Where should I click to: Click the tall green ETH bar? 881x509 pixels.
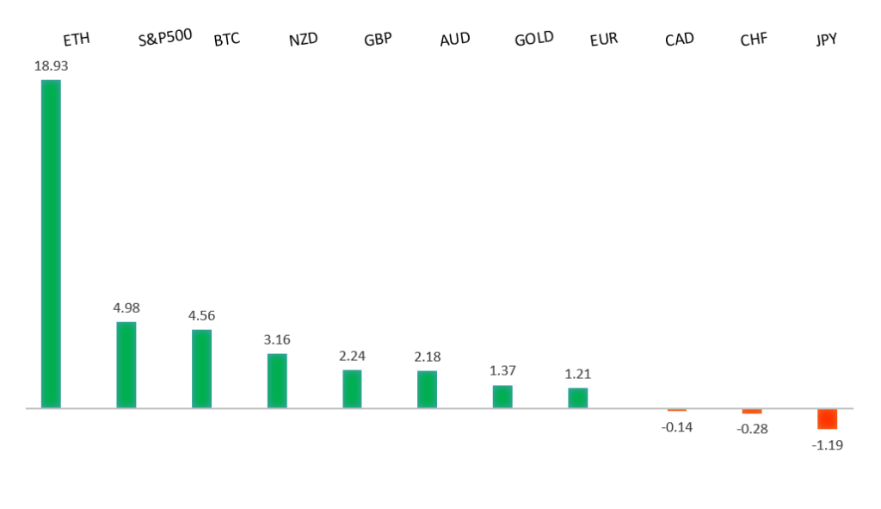point(51,243)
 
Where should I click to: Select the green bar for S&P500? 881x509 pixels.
point(126,364)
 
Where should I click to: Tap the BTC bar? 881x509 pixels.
point(201,368)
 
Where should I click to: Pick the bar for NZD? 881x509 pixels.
point(277,380)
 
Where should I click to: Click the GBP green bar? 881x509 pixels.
point(352,388)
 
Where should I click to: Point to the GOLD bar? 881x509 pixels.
point(502,396)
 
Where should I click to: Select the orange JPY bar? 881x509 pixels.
point(827,419)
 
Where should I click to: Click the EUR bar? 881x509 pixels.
point(577,398)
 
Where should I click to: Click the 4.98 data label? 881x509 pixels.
point(126,307)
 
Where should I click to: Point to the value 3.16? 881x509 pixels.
point(277,339)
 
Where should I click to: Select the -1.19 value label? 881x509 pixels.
point(827,445)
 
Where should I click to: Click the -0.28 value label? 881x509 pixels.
point(751,429)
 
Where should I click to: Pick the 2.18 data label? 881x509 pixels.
point(427,357)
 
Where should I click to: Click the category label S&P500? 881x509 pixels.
point(164,38)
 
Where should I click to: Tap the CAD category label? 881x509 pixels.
point(680,40)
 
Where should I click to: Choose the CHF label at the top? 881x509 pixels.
point(754,40)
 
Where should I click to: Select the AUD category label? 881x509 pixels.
point(454,40)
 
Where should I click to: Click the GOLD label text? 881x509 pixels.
point(533,39)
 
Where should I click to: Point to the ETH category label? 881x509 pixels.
point(77,40)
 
